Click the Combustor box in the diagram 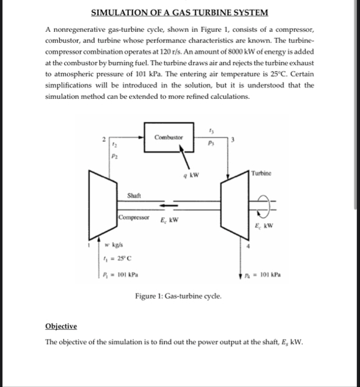click(168, 136)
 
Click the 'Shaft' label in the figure click(135, 197)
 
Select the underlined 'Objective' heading click(61, 327)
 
